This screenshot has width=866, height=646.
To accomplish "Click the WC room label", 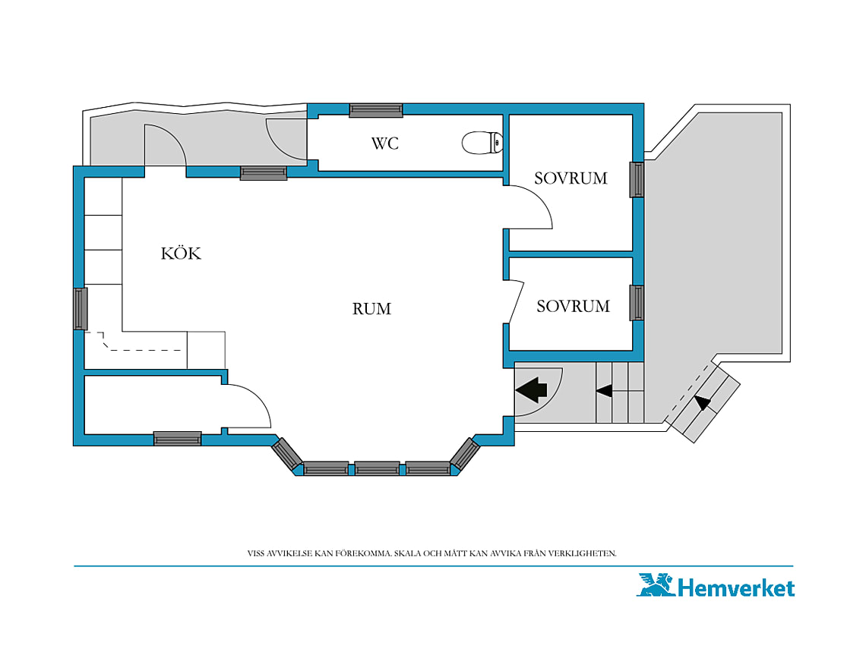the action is [385, 143].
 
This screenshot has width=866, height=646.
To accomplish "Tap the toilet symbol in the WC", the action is [482, 143].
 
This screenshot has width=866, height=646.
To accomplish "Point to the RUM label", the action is [371, 309].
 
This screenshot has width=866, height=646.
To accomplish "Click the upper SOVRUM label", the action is [570, 178].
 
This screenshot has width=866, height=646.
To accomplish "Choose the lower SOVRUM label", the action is [574, 307].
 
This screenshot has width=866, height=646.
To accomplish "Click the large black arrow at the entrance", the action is [531, 390].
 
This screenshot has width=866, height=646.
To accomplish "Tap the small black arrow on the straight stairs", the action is [604, 391].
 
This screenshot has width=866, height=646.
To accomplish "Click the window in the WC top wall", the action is [376, 110].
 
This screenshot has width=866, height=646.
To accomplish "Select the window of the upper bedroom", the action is [637, 179].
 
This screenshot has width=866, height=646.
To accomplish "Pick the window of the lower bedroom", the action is [637, 303].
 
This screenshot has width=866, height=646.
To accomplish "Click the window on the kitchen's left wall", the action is [81, 309].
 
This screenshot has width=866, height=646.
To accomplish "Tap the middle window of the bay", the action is [378, 469].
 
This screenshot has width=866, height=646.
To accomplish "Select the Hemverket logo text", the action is [735, 588].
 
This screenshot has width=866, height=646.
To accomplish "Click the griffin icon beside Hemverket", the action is [656, 585].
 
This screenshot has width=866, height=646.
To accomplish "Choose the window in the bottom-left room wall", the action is [177, 439].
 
